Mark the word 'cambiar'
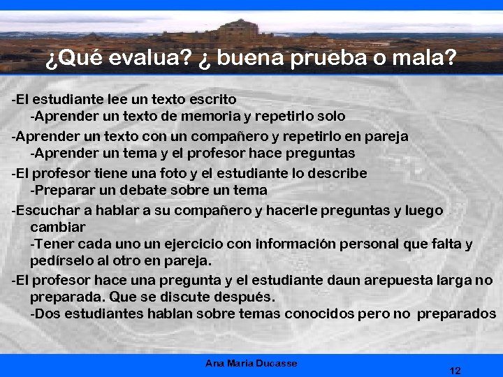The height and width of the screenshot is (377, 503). coord(57,227)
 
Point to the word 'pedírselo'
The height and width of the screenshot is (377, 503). coord(60,260)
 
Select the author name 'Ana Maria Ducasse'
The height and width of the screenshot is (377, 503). coord(251,363)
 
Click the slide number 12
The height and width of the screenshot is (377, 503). coord(455,371)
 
